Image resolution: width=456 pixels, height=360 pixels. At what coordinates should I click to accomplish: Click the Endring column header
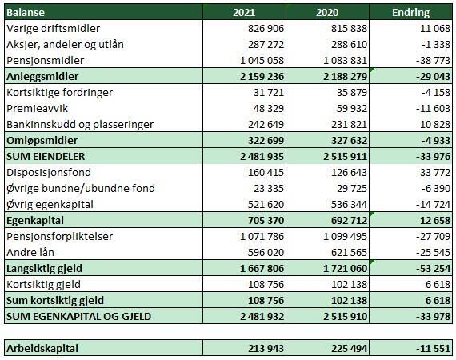point(410,13)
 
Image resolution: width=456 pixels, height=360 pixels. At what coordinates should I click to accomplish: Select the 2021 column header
point(244,13)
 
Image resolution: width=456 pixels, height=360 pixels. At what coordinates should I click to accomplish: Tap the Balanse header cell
point(26,13)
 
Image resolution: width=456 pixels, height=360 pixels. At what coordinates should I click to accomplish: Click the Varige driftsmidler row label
point(54,29)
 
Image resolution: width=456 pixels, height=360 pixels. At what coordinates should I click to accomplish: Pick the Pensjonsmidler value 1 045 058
point(262,61)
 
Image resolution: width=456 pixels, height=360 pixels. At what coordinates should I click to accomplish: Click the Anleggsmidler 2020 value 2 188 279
point(345,77)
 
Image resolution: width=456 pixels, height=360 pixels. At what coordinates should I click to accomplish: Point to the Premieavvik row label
point(37,109)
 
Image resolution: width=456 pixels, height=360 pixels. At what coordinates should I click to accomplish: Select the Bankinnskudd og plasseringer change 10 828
point(435,125)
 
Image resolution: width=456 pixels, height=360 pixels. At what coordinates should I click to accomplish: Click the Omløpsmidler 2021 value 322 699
point(266,141)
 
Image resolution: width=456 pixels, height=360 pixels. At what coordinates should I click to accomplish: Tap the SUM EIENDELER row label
point(46,157)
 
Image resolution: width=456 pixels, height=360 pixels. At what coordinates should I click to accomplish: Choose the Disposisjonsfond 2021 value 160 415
point(266,173)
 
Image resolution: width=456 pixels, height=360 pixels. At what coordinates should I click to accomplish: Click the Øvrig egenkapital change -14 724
point(433,205)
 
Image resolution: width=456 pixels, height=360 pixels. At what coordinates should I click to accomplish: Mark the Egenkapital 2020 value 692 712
point(349,221)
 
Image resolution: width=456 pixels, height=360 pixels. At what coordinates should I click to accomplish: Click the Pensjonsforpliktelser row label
point(60,237)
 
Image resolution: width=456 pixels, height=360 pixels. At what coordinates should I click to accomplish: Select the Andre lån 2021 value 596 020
point(266,253)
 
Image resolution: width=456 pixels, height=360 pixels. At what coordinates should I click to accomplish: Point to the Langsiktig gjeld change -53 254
point(433,269)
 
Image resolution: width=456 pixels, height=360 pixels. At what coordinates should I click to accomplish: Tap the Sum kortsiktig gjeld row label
point(55,300)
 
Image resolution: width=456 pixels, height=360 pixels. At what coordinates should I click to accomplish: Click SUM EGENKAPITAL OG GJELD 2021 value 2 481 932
point(262,316)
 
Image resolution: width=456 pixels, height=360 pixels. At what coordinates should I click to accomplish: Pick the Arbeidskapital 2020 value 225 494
point(349,348)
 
